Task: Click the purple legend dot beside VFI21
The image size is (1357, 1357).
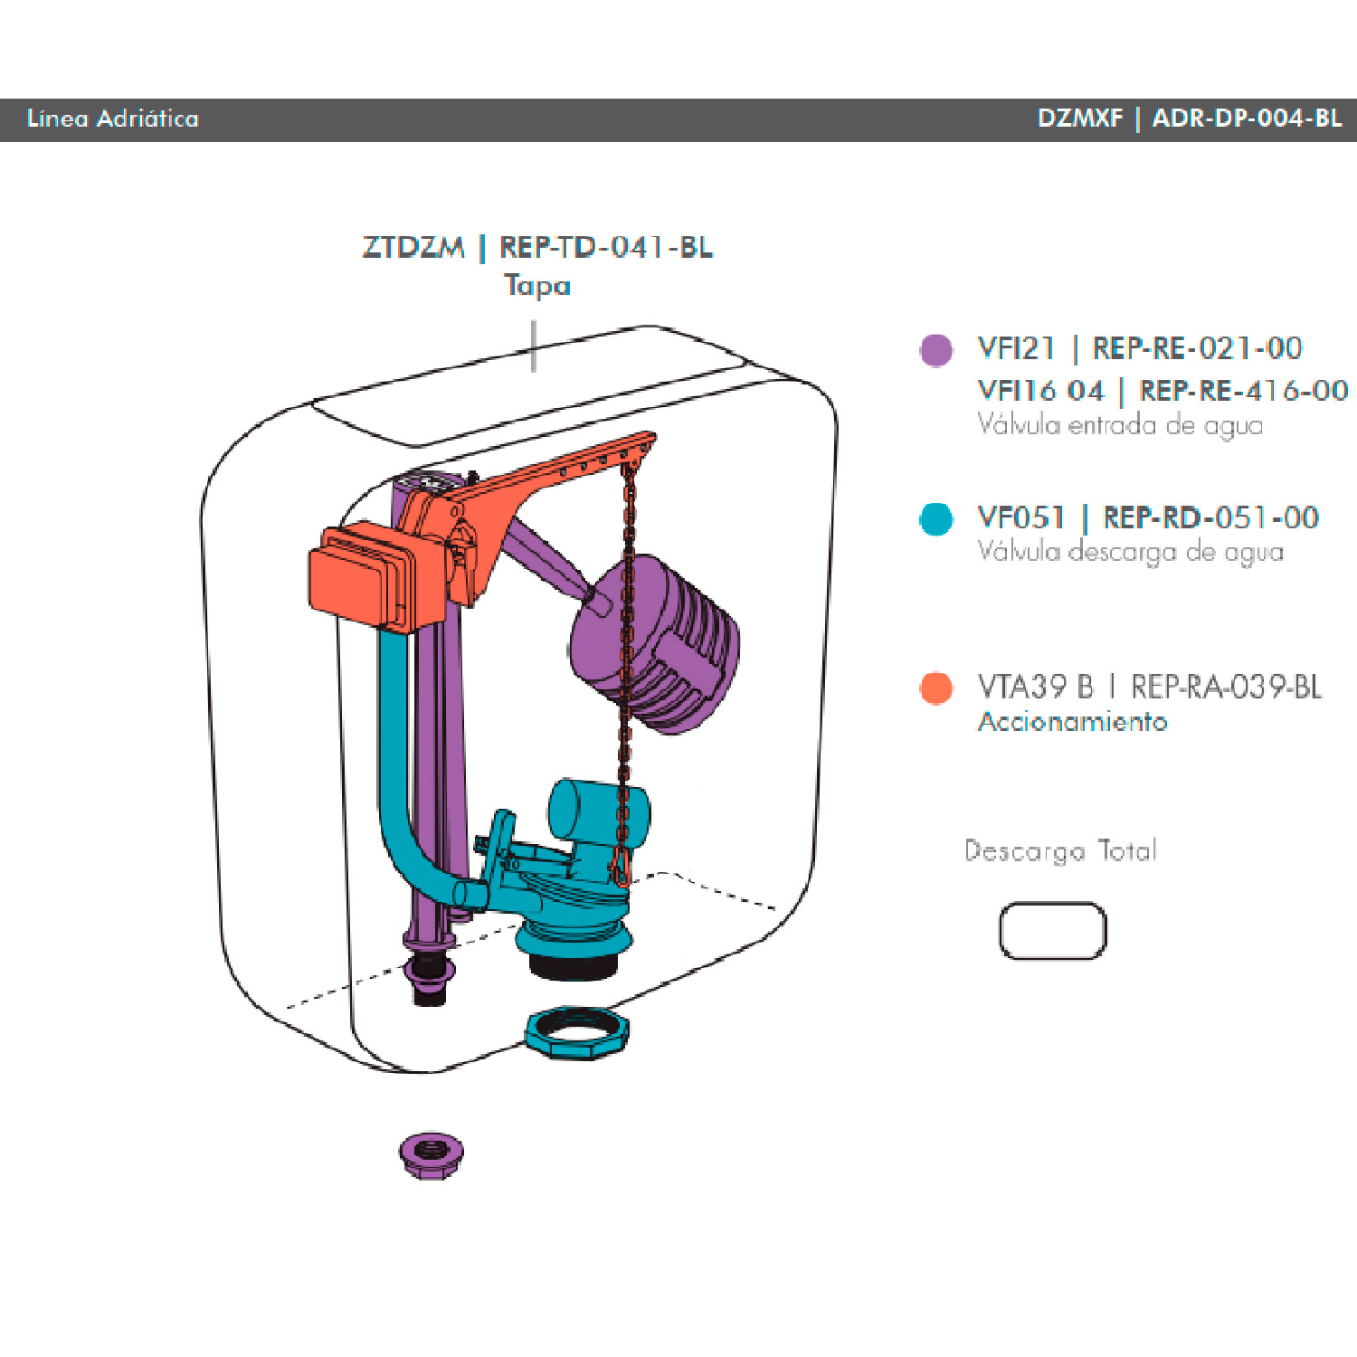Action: point(936,349)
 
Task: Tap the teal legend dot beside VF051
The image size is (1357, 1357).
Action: point(936,518)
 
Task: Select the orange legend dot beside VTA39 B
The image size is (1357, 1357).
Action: point(936,688)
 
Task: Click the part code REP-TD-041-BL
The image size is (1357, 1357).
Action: point(606,246)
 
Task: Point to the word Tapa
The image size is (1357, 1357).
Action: point(537,285)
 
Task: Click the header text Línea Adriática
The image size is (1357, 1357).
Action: point(113,119)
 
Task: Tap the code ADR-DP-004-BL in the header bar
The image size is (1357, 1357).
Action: point(1247,119)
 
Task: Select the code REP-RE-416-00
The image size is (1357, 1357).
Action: point(1244,390)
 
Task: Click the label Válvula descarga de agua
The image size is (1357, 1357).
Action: point(1130,552)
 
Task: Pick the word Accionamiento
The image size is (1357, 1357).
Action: point(1072,721)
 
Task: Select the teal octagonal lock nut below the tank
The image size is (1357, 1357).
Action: point(576,1031)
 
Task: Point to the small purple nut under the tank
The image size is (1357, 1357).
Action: point(432,1154)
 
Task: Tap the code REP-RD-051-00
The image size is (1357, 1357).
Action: point(1210,517)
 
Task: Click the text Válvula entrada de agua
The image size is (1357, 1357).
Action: point(1120,425)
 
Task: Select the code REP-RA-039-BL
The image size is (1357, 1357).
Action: point(1226,687)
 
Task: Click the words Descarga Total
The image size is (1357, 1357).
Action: point(1060,851)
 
